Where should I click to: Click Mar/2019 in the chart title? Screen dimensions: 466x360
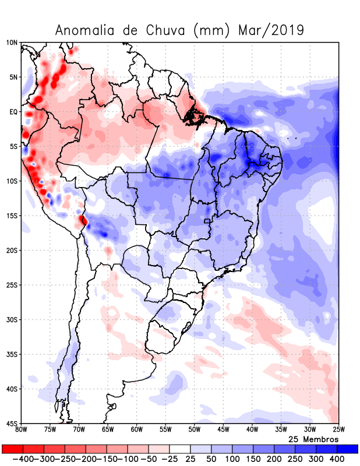pos(271,30)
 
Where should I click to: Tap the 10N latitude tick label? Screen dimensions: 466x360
pos(12,43)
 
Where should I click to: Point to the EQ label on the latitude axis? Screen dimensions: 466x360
pos(13,111)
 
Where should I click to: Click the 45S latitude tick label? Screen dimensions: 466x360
pos(12,423)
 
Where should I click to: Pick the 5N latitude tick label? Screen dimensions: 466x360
pos(13,77)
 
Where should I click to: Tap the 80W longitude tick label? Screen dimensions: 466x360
pos(22,430)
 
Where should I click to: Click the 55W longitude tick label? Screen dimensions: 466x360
pos(165,430)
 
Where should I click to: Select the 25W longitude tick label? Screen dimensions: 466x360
pos(338,430)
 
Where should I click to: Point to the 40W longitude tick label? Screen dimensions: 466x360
pos(252,430)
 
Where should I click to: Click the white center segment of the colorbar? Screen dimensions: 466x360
pos(179,449)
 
